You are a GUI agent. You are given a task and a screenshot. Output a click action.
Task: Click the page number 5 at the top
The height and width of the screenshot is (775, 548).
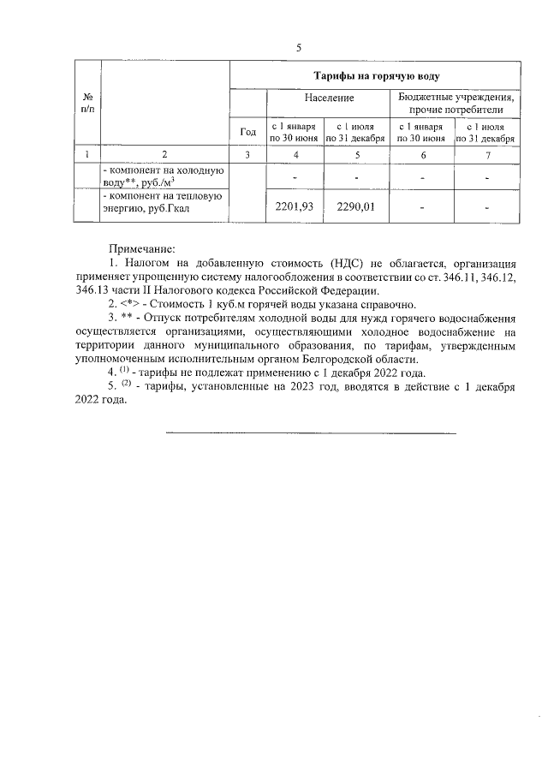coord(298,47)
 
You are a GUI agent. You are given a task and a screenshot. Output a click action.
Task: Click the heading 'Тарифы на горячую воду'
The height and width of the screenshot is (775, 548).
coord(376,76)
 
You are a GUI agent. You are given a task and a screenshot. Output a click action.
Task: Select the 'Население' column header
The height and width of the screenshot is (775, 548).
coord(309,98)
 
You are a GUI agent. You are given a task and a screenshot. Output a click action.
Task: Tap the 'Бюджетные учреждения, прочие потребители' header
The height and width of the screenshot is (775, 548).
coord(456,104)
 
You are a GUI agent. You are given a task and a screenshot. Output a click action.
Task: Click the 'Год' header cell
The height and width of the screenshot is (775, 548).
coord(247,131)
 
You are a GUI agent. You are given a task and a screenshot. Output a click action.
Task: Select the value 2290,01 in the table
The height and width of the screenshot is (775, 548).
coord(356,206)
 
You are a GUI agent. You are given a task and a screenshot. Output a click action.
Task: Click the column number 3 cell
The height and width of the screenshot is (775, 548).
coord(247,154)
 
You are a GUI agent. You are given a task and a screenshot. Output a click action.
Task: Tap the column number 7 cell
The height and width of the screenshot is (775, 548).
coord(485,154)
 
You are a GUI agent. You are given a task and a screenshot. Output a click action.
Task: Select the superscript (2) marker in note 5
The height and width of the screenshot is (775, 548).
coord(125,385)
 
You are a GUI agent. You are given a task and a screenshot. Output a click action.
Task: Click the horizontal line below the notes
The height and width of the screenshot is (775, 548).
coord(310,433)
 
